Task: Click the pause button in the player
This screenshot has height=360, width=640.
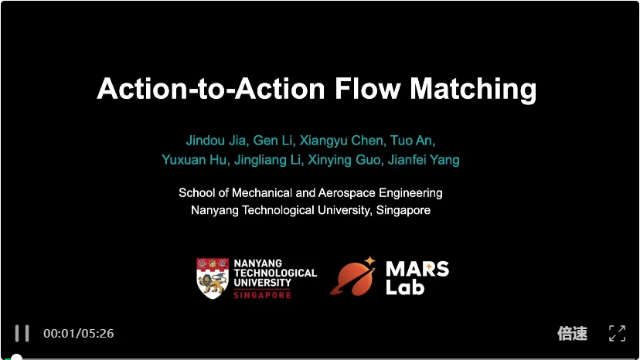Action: pyautogui.click(x=22, y=333)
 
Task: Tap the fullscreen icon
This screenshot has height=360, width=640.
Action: pyautogui.click(x=617, y=333)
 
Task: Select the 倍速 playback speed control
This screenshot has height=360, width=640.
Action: pyautogui.click(x=572, y=333)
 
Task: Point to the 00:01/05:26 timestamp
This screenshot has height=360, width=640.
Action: pyautogui.click(x=78, y=334)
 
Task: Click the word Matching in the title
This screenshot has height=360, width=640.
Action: pyautogui.click(x=473, y=89)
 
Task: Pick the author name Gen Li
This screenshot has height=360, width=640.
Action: pyautogui.click(x=266, y=141)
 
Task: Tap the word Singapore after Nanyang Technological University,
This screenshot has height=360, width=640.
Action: pyautogui.click(x=403, y=209)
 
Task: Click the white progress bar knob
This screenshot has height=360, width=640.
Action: pyautogui.click(x=15, y=358)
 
